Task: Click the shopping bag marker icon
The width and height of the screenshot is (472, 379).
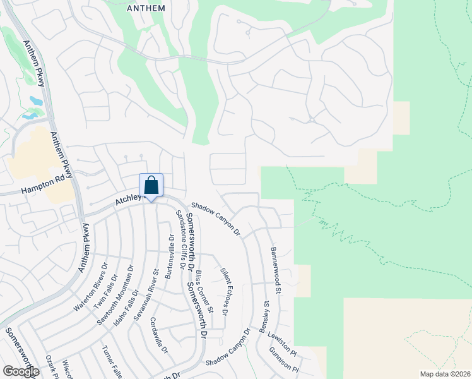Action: pos(151,186)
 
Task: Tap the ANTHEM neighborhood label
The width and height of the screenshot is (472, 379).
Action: pos(146,8)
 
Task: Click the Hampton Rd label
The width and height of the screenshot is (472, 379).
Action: pos(44,189)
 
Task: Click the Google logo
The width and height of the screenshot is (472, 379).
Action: pos(21,371)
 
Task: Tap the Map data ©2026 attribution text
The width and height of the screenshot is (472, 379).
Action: pos(444,374)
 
